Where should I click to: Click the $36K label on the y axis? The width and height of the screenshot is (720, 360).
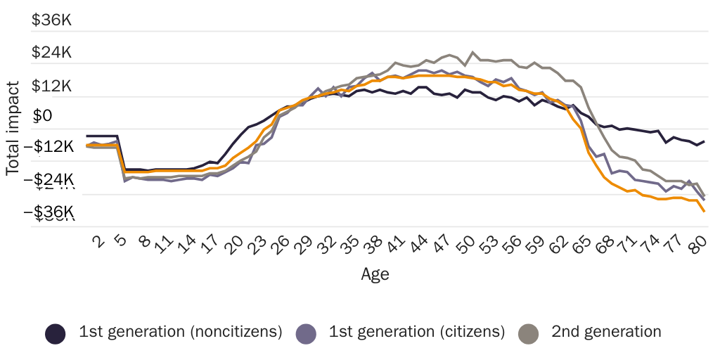52,20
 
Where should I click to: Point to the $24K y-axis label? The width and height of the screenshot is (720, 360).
52,53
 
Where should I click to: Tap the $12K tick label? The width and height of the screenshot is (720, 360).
52,86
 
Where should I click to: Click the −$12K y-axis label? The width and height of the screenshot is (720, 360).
49,147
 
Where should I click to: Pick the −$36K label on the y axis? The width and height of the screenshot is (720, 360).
49,212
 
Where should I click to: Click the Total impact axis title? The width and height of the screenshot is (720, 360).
13,128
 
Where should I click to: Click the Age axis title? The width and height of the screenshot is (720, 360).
375,274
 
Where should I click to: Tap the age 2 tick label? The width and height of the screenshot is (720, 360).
98,243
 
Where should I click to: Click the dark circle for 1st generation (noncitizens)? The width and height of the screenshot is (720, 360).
56,333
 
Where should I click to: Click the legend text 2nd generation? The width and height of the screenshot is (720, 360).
606,332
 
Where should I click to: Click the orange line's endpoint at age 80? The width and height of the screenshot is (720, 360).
704,211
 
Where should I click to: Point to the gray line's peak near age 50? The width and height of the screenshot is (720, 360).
472,52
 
